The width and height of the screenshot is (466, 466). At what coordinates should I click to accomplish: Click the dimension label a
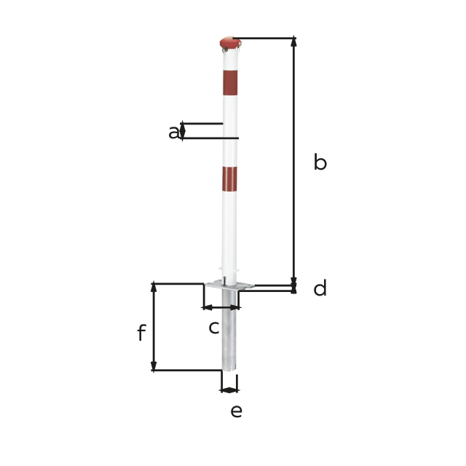pos(173,133)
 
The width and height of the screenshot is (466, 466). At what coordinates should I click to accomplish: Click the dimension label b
pos(320,162)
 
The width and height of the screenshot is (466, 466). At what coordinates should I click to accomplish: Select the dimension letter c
pos(213,328)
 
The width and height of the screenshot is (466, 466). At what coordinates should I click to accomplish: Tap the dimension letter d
pos(320,289)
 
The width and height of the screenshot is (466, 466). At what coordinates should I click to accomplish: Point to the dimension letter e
pos(236,411)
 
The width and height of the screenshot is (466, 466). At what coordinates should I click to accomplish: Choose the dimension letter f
pos(141,334)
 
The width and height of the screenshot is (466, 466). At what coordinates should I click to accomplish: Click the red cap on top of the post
pos(230,44)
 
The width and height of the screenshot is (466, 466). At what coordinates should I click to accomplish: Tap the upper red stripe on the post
pos(230,82)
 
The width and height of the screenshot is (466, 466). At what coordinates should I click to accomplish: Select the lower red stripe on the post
pos(230,178)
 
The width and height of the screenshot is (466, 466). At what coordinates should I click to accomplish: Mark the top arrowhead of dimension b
pos(294,42)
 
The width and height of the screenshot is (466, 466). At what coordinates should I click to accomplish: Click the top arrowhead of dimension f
pos(154,288)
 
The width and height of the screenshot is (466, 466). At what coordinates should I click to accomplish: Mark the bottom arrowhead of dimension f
pos(154,366)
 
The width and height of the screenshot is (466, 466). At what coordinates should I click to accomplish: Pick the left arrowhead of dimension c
pos(207,307)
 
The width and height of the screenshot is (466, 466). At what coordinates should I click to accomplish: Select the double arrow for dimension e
pos(229,390)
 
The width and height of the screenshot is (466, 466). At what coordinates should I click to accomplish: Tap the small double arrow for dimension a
pos(182,130)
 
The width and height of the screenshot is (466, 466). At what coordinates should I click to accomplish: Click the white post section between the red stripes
pos(230,131)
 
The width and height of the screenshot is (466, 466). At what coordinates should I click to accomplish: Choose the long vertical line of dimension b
pos(294,160)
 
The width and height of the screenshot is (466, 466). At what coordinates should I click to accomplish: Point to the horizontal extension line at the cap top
pos(266,38)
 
